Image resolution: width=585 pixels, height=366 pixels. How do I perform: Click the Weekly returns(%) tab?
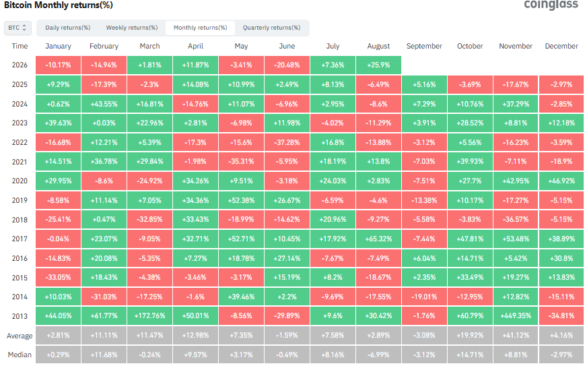[132, 28]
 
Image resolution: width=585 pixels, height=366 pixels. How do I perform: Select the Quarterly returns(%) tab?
[271, 28]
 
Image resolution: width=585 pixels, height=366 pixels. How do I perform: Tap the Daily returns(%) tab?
[68, 28]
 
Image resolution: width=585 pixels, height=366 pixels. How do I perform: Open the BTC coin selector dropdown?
[18, 28]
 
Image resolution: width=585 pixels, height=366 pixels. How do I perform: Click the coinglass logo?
[551, 5]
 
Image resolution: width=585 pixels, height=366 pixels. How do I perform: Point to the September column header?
[424, 46]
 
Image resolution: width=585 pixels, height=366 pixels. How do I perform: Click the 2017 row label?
[20, 239]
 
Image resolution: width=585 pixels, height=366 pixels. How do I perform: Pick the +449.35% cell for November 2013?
[516, 316]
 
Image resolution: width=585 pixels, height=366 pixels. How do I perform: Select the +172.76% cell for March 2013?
[149, 316]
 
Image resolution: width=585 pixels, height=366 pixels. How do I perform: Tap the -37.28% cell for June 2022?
[287, 142]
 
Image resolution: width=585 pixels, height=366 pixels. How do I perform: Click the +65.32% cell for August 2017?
[379, 239]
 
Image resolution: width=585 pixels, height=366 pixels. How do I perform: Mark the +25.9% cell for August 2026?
[379, 65]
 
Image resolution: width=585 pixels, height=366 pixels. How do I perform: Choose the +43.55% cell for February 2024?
[104, 104]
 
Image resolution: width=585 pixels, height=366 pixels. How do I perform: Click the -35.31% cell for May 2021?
[241, 162]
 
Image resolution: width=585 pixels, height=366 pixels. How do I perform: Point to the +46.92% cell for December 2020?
[561, 181]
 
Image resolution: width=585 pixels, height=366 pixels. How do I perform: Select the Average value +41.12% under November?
[516, 336]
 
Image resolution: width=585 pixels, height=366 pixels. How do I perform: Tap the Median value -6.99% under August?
[379, 355]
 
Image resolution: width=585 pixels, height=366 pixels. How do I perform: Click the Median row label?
[20, 355]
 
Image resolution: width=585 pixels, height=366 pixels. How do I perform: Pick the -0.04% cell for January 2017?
[58, 239]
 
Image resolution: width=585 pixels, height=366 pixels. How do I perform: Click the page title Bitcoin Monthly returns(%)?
[58, 5]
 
